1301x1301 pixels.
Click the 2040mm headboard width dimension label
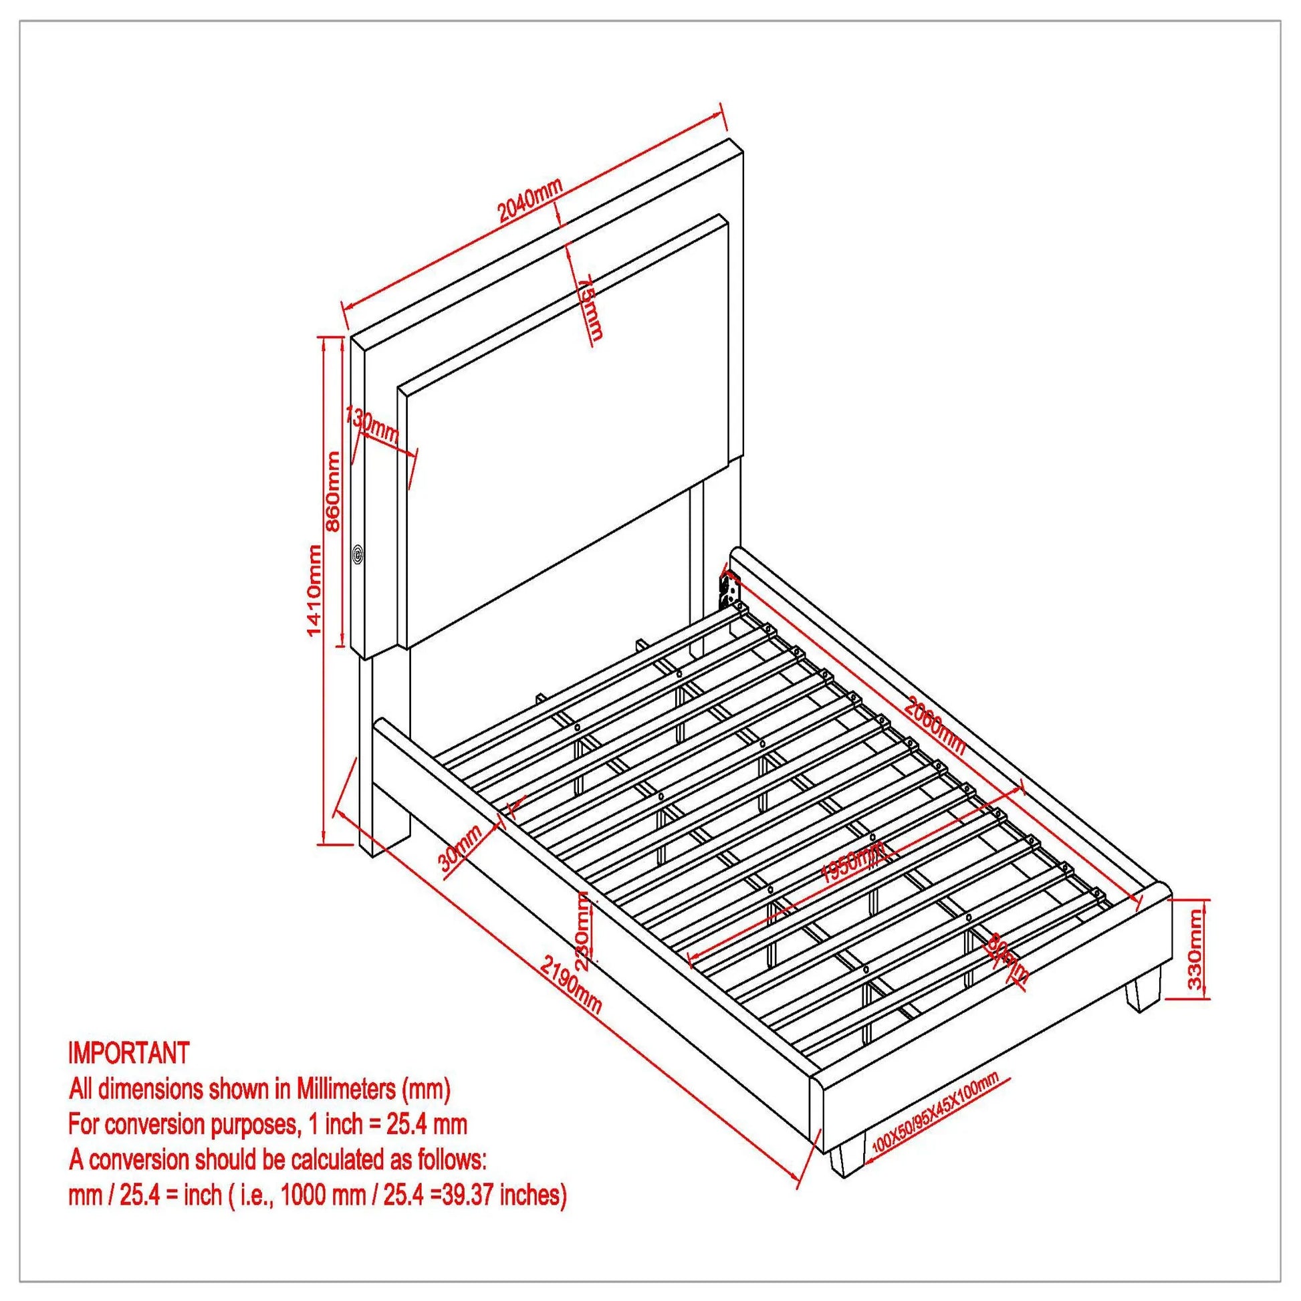pyautogui.click(x=529, y=201)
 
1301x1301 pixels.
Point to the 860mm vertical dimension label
pyautogui.click(x=333, y=491)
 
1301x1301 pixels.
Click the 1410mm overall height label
pyautogui.click(x=314, y=590)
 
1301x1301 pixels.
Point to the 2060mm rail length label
pyautogui.click(x=935, y=727)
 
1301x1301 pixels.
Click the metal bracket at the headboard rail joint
pyautogui.click(x=729, y=587)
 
